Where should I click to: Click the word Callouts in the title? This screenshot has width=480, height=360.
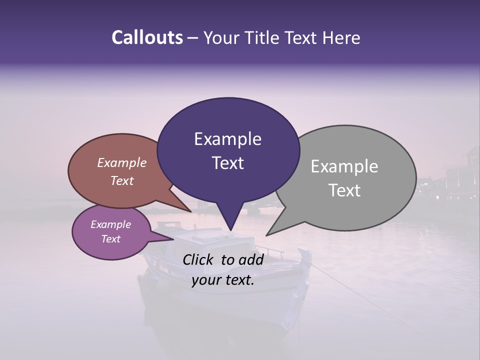click(x=147, y=37)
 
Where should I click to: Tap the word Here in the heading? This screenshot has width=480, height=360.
click(x=342, y=37)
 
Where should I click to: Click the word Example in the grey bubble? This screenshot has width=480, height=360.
click(x=344, y=166)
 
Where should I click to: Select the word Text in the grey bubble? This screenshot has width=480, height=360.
click(x=344, y=190)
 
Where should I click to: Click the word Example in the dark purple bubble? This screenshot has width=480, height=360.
click(x=227, y=139)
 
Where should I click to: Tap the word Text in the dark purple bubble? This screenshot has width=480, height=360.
click(x=227, y=163)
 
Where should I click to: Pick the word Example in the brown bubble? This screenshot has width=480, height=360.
click(x=122, y=162)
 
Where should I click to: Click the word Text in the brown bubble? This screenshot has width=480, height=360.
click(x=122, y=180)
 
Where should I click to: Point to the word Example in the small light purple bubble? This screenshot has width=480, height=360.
click(x=110, y=224)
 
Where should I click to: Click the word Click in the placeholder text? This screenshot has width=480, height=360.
click(x=199, y=259)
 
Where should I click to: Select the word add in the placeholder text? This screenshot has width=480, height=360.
click(x=251, y=259)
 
